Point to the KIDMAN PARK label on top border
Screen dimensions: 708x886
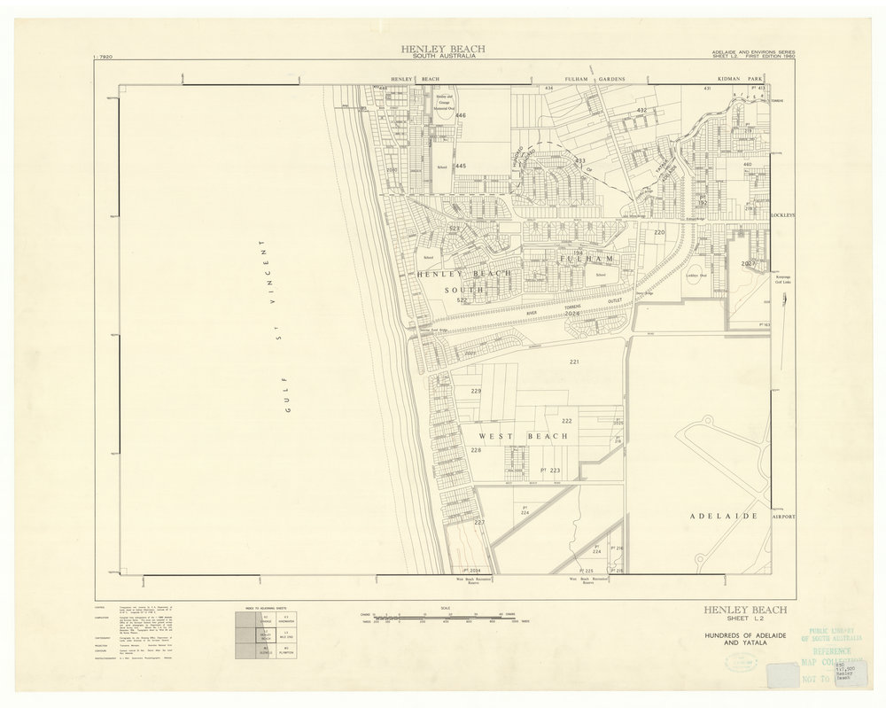727,79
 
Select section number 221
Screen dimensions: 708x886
574,363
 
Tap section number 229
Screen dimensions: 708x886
477,391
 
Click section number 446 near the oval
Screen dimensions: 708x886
461,116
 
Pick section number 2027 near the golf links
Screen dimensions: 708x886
749,264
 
